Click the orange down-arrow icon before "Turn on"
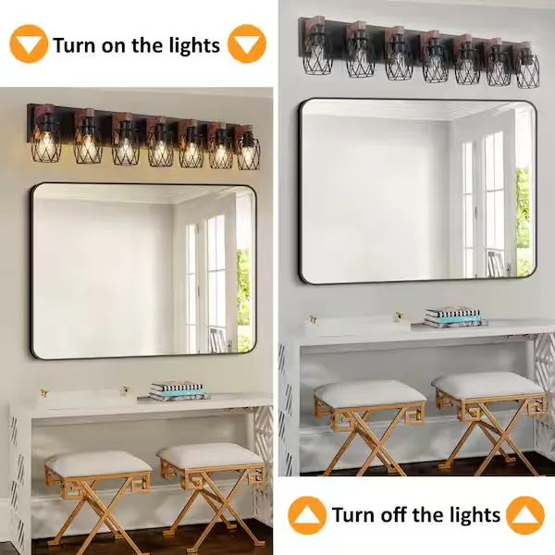click(29, 43)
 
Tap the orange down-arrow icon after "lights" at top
click(246, 43)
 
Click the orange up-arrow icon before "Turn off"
click(307, 515)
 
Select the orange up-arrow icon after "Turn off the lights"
click(524, 515)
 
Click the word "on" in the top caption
click(115, 46)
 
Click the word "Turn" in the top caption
click(75, 45)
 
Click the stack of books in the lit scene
click(177, 390)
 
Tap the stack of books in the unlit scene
click(453, 316)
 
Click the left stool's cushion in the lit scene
click(98, 463)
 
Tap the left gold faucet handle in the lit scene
click(43, 392)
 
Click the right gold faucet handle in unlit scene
click(400, 315)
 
